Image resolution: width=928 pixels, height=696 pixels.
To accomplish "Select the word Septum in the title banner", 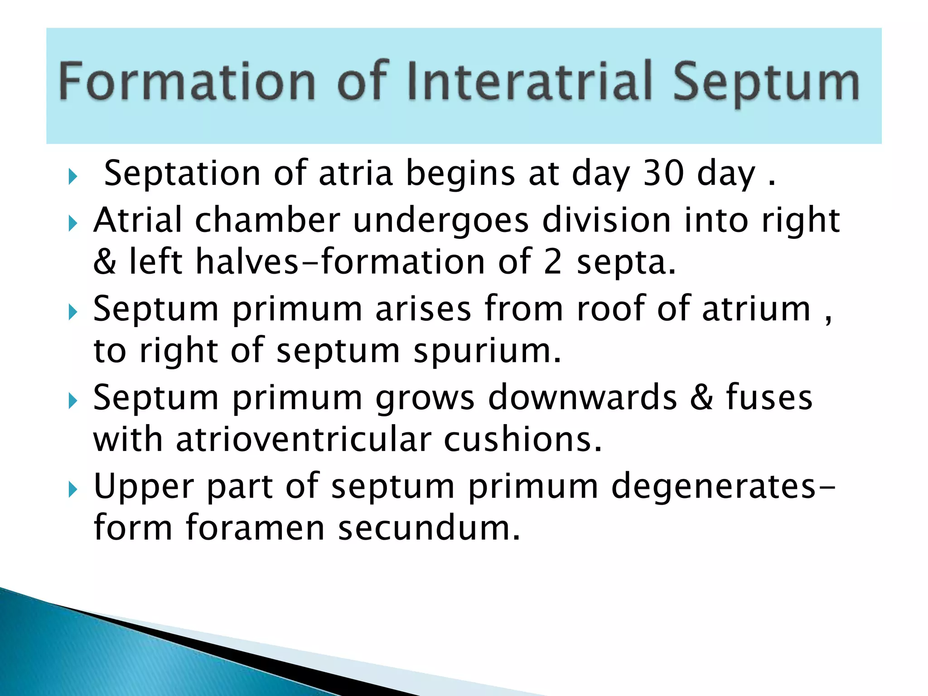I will point(766,84).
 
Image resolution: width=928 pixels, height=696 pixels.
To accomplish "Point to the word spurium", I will point(487,351).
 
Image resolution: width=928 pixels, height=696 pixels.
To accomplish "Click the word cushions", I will point(522,440).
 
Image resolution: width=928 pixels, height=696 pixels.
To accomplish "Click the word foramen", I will point(255,528).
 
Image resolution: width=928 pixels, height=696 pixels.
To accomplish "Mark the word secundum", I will point(429,528).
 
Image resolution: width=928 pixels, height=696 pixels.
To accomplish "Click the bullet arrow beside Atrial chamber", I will point(73,223).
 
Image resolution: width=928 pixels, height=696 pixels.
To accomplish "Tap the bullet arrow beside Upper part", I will point(73,489).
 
